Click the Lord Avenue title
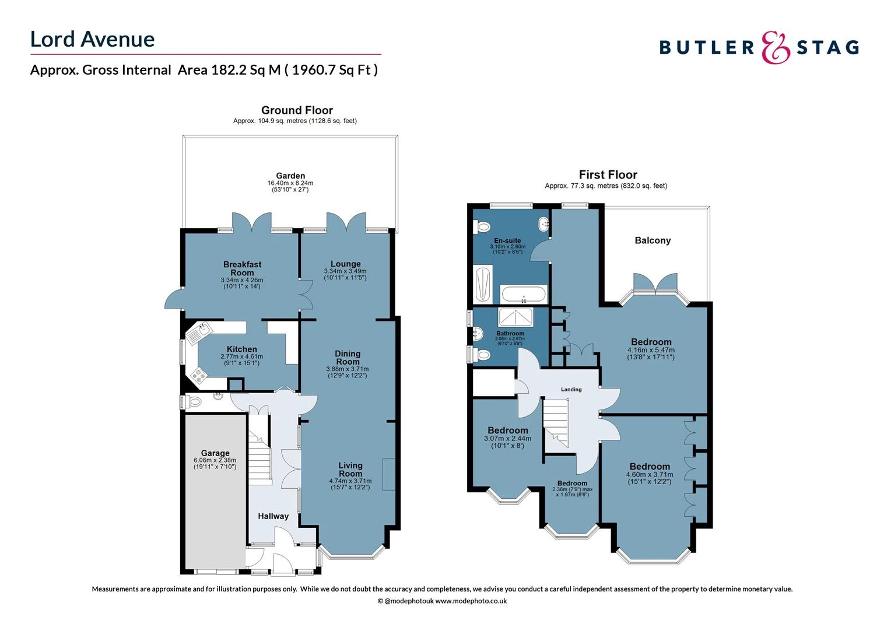[x=92, y=39]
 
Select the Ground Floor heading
[x=297, y=110]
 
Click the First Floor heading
[x=608, y=174]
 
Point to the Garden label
[x=290, y=176]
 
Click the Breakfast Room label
[x=242, y=268]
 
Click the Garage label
[x=215, y=453]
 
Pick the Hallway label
[x=273, y=516]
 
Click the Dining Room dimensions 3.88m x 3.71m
[x=347, y=369]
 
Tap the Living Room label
[x=350, y=470]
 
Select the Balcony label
[x=653, y=240]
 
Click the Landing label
[x=571, y=389]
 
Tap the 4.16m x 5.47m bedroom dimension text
[x=651, y=350]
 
